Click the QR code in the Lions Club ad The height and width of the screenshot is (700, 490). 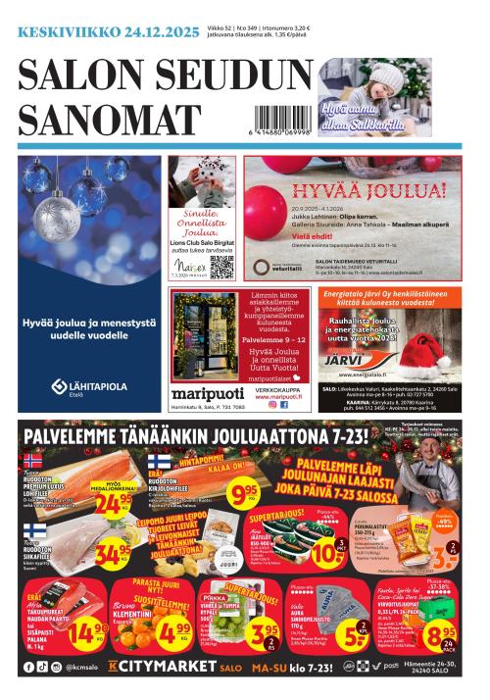tap(220, 266)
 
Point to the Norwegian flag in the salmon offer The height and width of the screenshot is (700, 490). tap(31, 460)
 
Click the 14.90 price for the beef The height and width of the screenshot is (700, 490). tap(88, 632)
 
